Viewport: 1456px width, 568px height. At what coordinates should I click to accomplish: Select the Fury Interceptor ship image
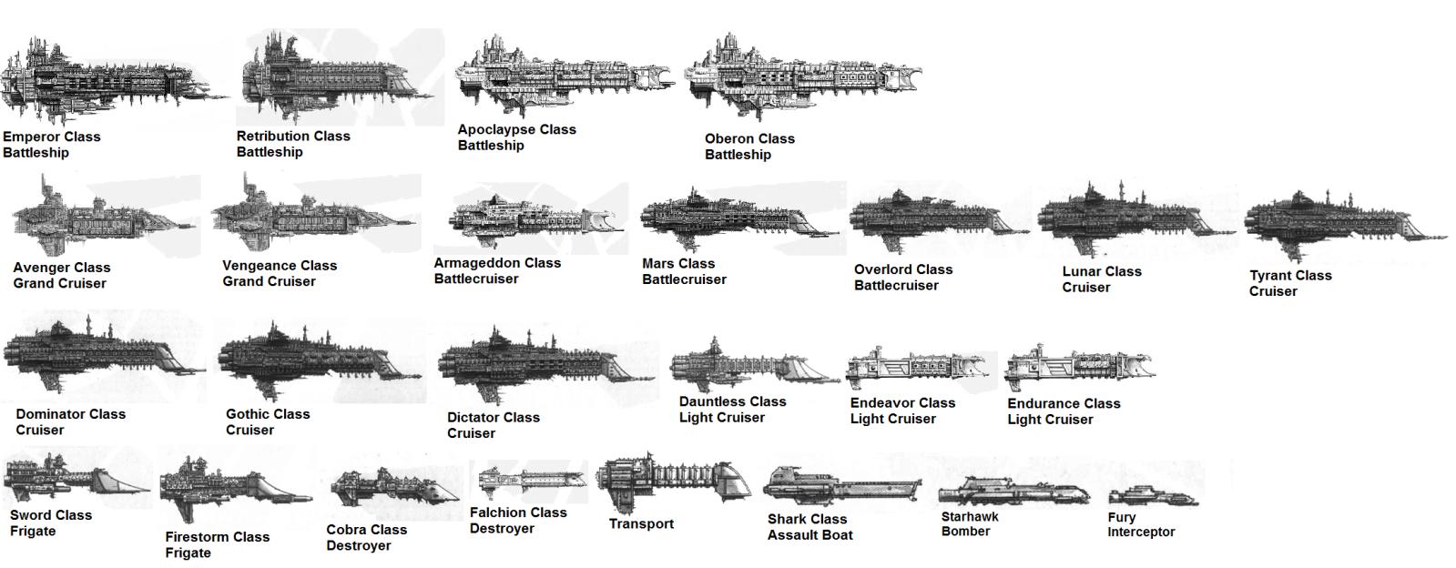(1153, 496)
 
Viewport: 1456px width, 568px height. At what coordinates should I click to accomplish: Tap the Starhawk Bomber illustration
(1014, 492)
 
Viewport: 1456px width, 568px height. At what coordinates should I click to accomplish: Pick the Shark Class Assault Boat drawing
(842, 486)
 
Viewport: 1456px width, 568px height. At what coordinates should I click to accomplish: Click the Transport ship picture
(674, 482)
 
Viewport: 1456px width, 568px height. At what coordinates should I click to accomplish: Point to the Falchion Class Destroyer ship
(533, 481)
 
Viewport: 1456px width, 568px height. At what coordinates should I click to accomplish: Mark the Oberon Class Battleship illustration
(803, 76)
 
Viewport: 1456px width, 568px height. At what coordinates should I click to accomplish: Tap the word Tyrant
(1270, 276)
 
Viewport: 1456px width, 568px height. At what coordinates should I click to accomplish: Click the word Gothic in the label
(247, 414)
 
